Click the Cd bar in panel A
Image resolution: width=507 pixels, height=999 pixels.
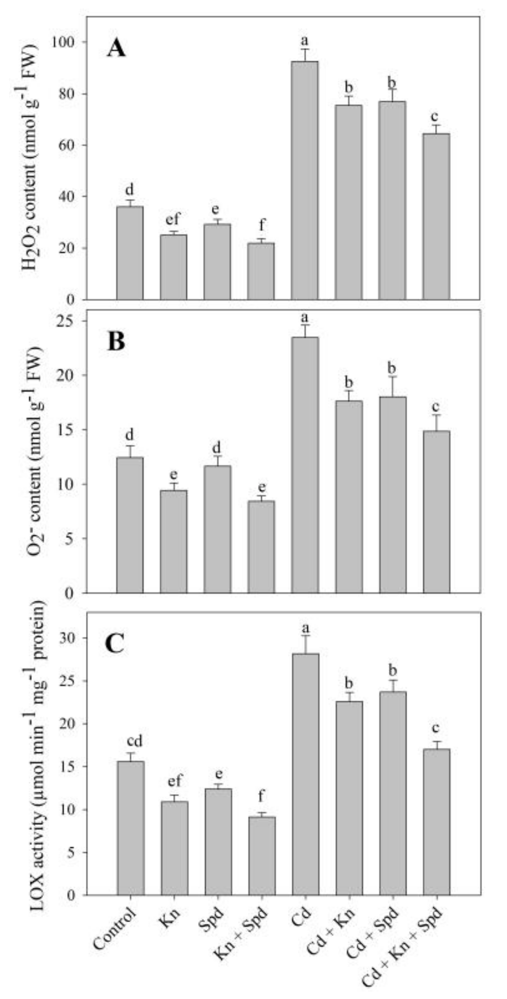coord(305,180)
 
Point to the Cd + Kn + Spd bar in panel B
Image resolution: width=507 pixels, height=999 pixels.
coord(436,511)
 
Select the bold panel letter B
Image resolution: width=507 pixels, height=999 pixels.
coord(116,342)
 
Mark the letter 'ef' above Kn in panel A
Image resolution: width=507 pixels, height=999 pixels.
coord(173,220)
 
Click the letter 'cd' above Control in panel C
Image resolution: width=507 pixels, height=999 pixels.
coord(130,741)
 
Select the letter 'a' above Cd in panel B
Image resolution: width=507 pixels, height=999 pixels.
coord(305,318)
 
